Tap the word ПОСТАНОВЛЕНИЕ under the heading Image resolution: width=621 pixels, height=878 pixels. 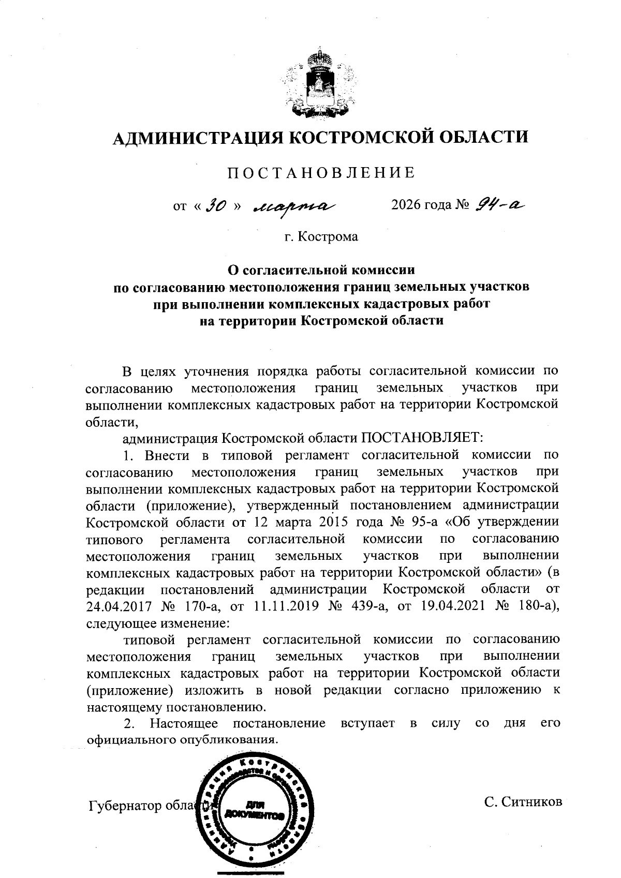click(x=321, y=173)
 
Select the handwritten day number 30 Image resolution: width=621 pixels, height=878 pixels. click(x=216, y=206)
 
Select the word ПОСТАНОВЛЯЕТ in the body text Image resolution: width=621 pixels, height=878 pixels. click(x=421, y=438)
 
